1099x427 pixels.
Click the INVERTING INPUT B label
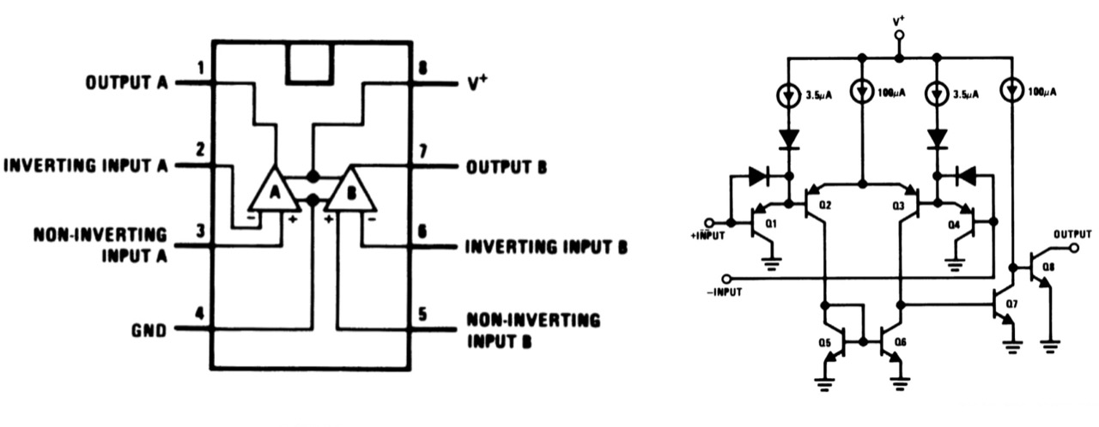pyautogui.click(x=546, y=248)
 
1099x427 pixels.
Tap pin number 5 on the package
pyautogui.click(x=422, y=313)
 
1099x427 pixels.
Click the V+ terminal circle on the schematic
pyautogui.click(x=899, y=36)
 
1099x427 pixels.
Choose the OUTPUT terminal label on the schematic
pyautogui.click(x=1072, y=232)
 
